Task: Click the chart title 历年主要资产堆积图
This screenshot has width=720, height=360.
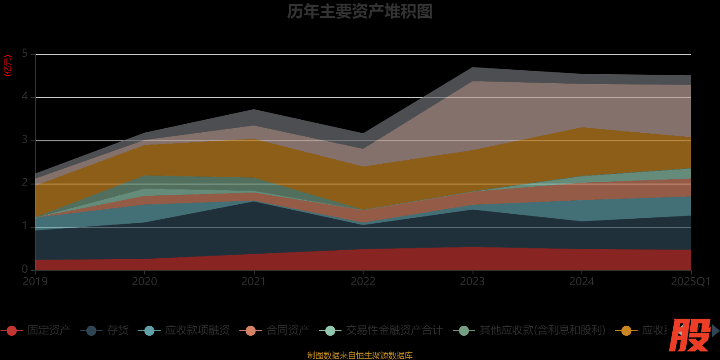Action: (360, 12)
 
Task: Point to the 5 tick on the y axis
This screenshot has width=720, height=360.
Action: (25, 54)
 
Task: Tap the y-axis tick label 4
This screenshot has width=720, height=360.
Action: (25, 97)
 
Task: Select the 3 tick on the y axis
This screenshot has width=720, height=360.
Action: (25, 140)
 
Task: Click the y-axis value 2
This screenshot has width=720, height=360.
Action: (25, 183)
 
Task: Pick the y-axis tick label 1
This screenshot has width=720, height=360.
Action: (25, 226)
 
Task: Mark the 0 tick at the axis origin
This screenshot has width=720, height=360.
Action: (25, 269)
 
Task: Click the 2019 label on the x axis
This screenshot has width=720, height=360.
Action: (35, 282)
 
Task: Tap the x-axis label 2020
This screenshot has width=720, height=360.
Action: (144, 282)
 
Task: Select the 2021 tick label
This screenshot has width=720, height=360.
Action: (254, 282)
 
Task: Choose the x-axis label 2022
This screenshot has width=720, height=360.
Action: (363, 282)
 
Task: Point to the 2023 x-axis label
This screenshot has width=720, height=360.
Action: (472, 282)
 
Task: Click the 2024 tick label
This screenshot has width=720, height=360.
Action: (582, 282)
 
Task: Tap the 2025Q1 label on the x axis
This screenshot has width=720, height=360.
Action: (690, 282)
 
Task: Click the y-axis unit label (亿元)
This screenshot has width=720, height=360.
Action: (8, 66)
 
